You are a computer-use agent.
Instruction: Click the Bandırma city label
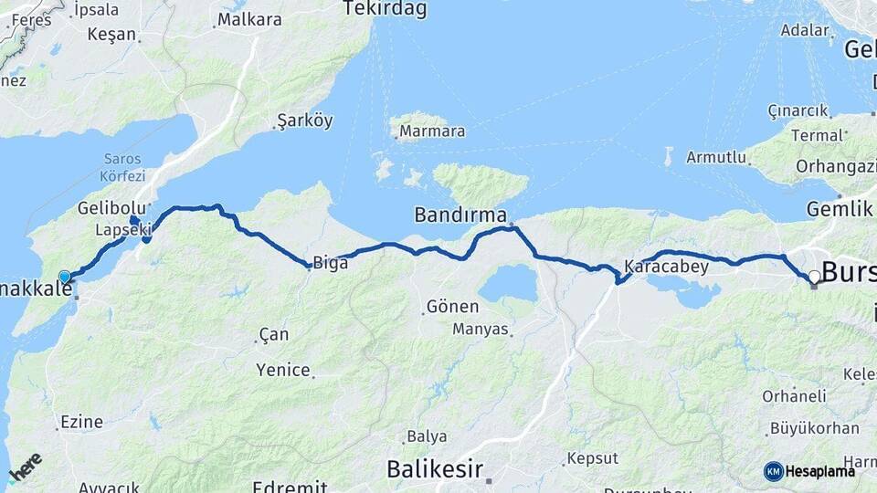point(460,215)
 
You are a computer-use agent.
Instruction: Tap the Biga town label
point(330,264)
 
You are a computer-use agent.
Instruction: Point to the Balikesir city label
point(434,469)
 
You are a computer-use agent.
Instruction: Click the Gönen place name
point(453,307)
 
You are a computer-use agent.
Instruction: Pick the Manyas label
point(480,329)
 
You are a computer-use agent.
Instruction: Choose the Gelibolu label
point(111,207)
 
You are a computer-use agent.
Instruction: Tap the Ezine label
point(80,422)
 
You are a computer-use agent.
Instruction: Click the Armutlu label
point(716,157)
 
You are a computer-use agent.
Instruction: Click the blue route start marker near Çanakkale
point(64,277)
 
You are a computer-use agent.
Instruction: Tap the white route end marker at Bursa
point(814,276)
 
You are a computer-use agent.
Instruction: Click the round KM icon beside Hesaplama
point(773,471)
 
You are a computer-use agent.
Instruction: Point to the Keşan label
point(111,35)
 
